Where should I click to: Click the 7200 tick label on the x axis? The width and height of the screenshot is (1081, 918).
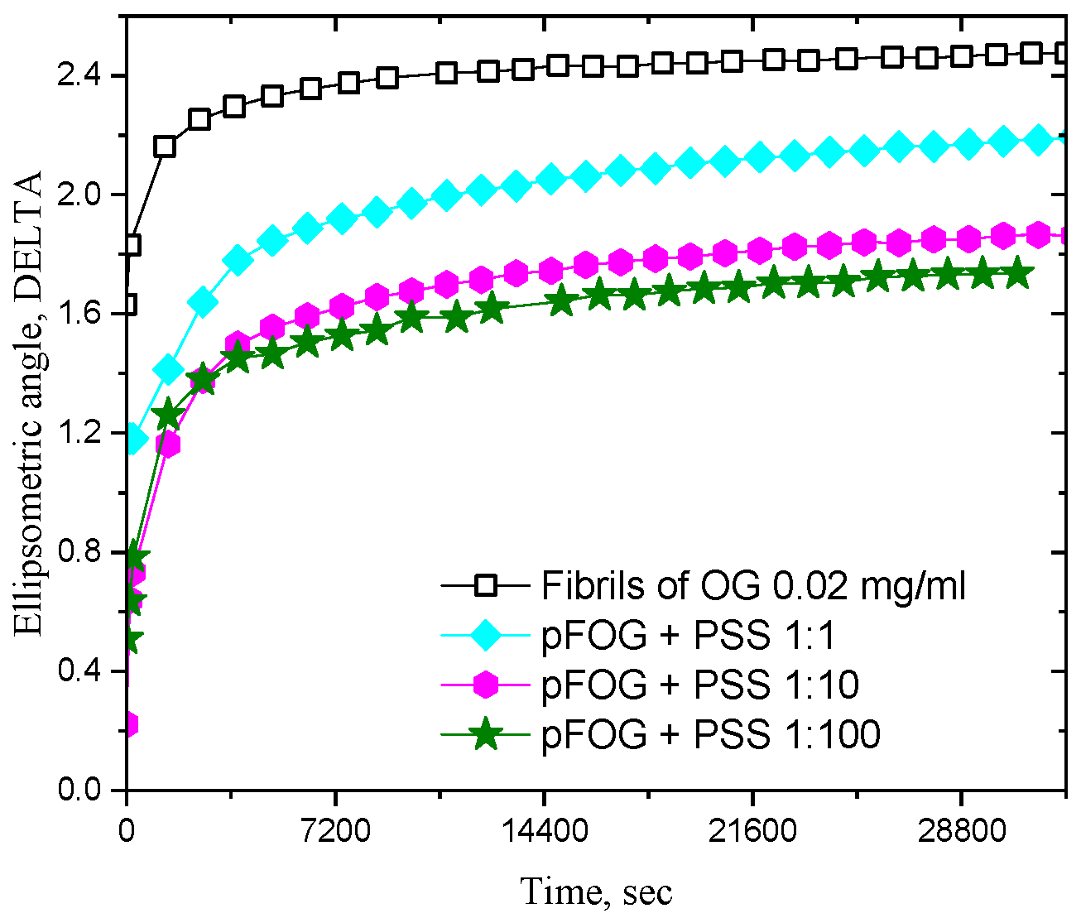tap(335, 829)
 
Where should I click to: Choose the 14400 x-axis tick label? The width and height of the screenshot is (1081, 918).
tap(544, 829)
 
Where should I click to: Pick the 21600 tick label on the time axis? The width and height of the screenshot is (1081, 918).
tap(752, 829)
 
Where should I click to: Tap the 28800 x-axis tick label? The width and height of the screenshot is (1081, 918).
tap(961, 829)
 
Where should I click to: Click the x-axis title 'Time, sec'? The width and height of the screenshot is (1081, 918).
tap(596, 892)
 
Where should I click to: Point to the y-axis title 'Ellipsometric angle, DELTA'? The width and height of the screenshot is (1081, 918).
tap(30, 403)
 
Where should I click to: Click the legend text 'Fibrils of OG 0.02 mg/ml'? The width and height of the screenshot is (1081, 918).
tap(753, 586)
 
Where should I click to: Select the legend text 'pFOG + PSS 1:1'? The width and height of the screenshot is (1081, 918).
tap(689, 636)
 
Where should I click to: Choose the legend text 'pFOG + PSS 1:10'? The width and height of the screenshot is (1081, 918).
tap(700, 685)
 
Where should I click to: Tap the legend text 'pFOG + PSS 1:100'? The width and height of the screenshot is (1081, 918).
tap(711, 733)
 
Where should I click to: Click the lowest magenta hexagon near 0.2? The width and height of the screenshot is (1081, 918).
tap(128, 724)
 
